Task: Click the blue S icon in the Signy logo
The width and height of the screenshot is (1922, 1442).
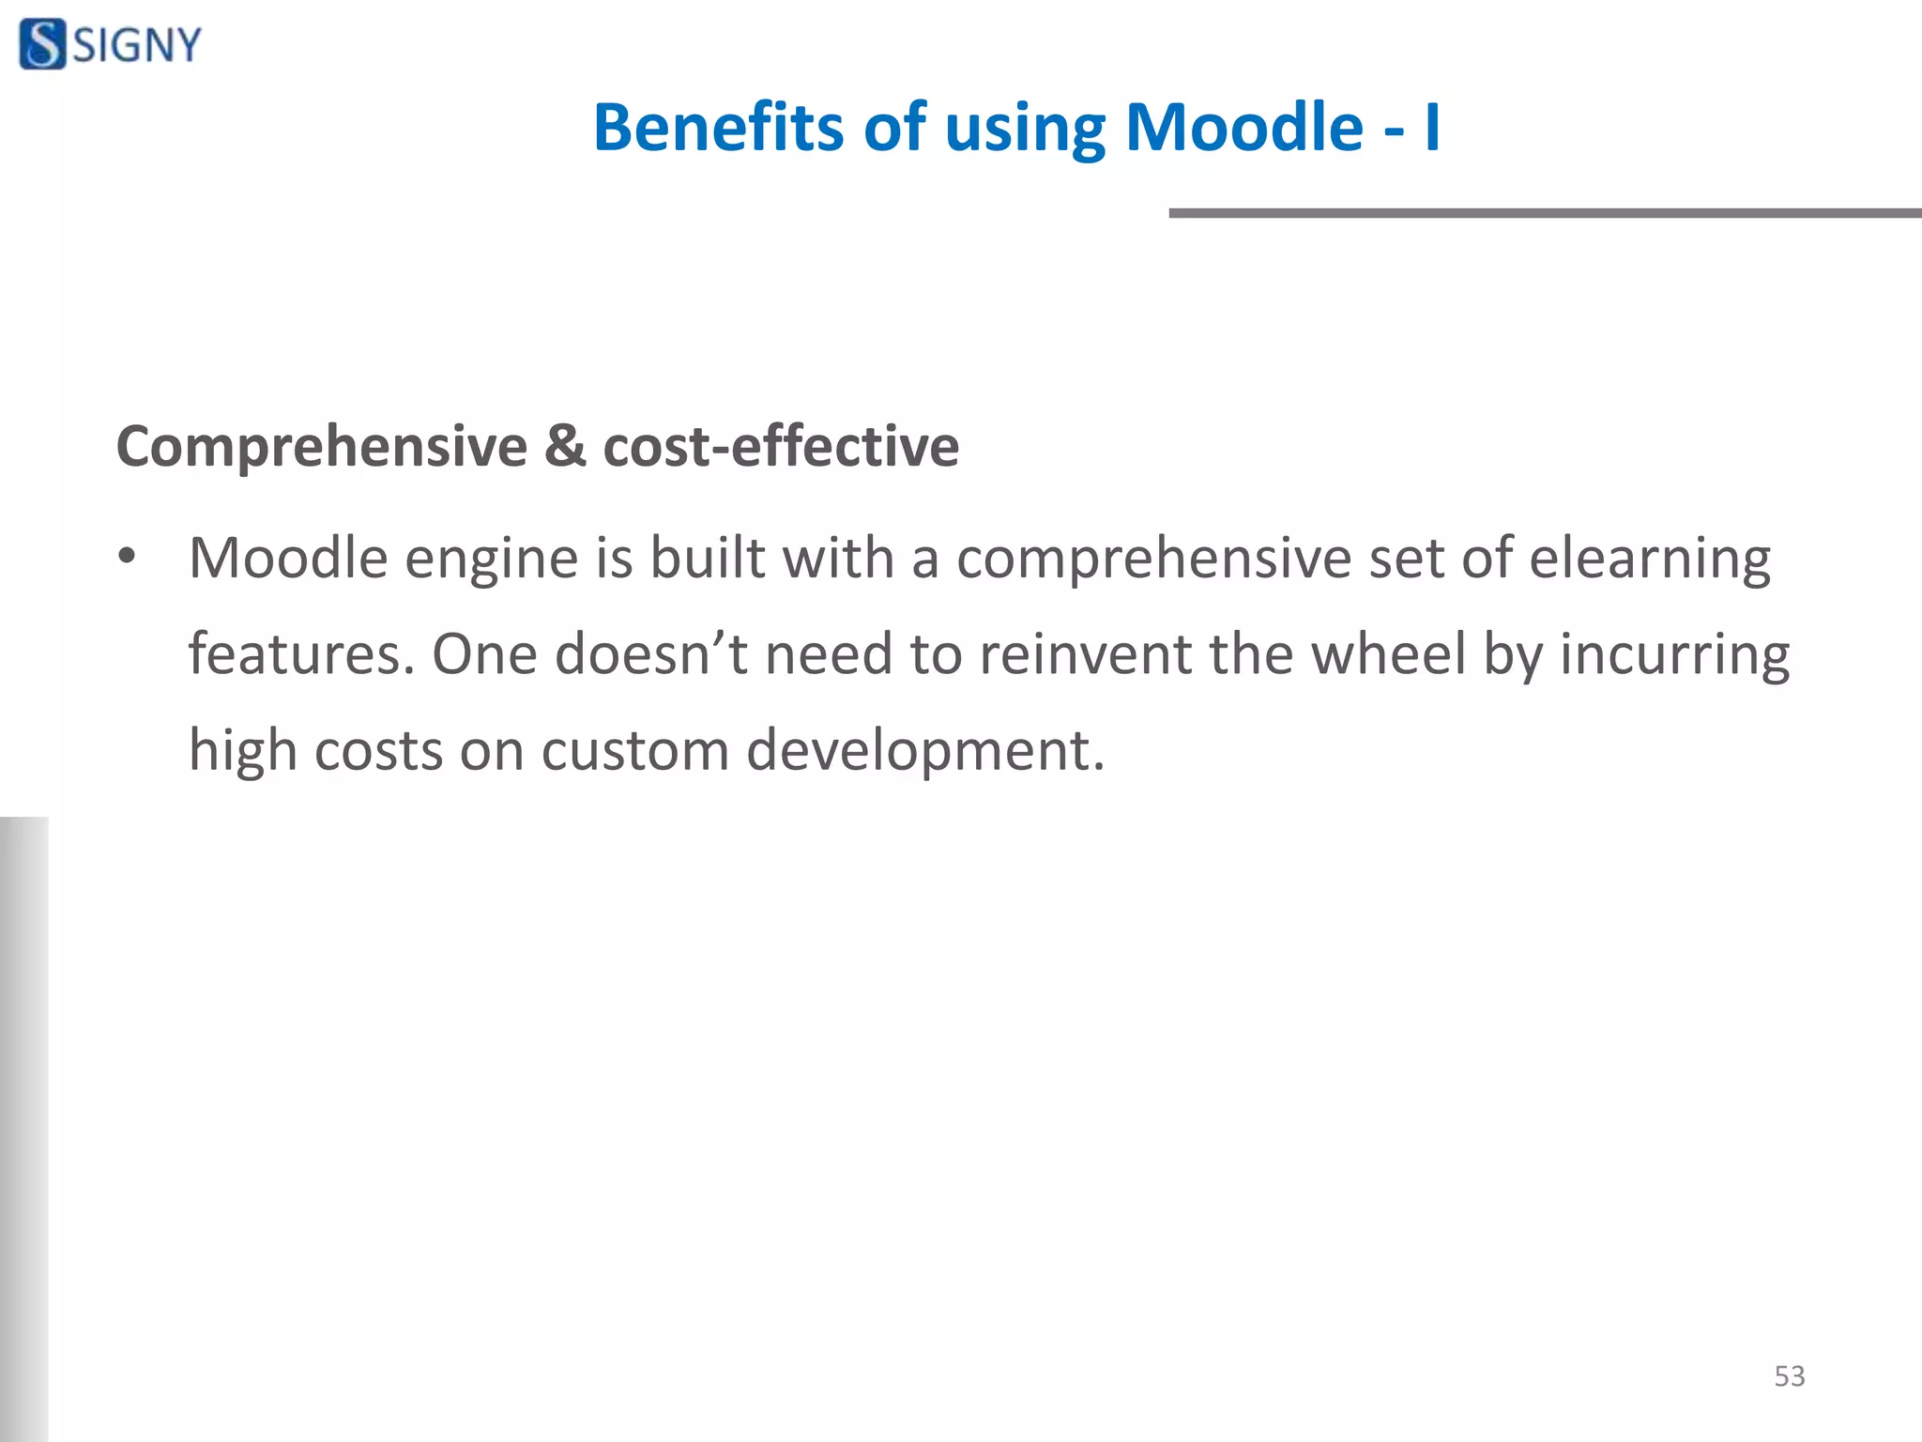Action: (x=42, y=44)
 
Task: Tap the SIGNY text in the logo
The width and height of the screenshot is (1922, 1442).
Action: (x=137, y=45)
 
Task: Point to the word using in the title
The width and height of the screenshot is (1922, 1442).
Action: (x=1025, y=130)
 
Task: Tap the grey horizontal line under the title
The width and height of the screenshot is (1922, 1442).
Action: (x=1544, y=213)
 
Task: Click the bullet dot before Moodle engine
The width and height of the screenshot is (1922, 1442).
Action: (x=128, y=557)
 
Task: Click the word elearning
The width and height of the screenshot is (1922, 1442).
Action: (x=1650, y=560)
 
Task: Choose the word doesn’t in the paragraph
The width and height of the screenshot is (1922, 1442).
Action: (x=651, y=654)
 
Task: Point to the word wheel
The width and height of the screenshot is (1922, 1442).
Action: (x=1388, y=654)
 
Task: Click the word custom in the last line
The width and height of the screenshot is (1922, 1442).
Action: (x=634, y=751)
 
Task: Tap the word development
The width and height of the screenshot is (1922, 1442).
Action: (x=924, y=751)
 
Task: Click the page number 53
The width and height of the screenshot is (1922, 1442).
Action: (x=1789, y=1376)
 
